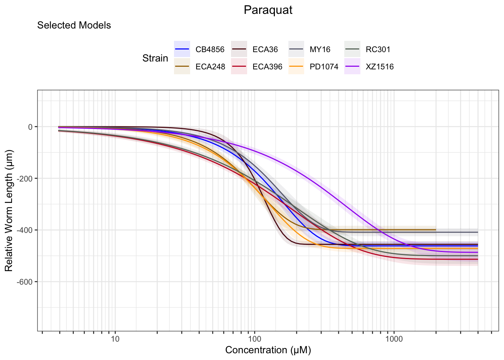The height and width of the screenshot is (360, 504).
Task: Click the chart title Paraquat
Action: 268,10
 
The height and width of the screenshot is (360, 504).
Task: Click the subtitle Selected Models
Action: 74,25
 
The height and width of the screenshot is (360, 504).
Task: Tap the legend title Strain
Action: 155,58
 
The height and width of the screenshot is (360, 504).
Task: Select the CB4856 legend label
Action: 210,49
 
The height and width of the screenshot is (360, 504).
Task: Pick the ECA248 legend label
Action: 210,67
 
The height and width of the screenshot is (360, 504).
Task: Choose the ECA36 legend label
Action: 265,49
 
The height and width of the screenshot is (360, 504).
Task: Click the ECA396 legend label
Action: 267,67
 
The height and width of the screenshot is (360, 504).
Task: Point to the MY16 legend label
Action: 320,49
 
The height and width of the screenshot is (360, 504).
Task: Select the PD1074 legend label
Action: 324,67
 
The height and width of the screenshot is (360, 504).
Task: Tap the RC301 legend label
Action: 378,49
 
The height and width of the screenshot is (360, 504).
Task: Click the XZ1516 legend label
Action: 380,67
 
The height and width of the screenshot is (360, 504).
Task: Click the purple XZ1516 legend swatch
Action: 352,67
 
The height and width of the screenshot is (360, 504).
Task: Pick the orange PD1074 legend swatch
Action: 296,67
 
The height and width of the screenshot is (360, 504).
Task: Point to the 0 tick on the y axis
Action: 30,127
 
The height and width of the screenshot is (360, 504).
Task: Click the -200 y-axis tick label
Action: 25,178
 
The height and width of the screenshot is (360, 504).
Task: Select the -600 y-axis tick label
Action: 25,282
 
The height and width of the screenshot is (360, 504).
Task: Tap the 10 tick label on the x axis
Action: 115,339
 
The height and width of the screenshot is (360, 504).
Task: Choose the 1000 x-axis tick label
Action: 394,339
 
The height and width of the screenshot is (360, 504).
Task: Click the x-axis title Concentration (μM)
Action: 268,350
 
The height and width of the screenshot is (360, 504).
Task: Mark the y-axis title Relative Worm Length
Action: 9,210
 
